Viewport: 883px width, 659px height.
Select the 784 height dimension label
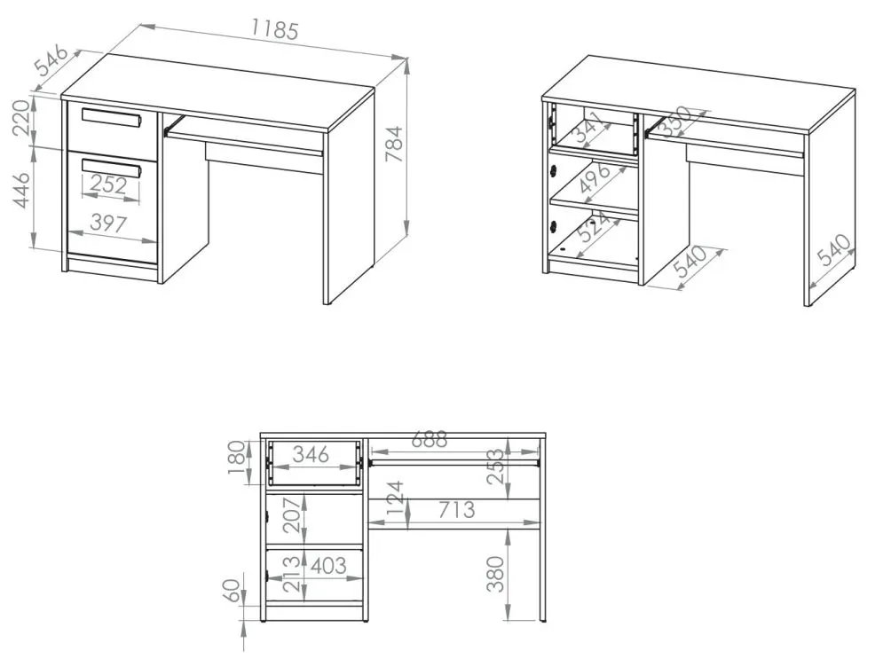pos(394,144)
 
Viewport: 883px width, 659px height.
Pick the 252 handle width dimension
pos(108,184)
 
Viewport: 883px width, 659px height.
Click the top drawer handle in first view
pos(110,118)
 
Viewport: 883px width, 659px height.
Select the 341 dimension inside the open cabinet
pos(587,128)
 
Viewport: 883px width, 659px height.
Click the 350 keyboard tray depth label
pos(674,121)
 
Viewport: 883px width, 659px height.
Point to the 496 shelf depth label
pos(595,177)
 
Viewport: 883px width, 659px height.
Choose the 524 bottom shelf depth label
pos(594,227)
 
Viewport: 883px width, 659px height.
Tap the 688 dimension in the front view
pos(430,439)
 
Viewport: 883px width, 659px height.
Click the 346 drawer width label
pos(311,454)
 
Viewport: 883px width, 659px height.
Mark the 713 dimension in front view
pos(457,510)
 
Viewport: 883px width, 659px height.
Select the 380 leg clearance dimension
pos(495,574)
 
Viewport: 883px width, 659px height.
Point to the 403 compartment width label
pos(328,566)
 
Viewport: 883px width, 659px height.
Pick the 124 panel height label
pos(395,498)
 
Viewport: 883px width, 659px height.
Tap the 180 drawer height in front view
pos(237,457)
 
